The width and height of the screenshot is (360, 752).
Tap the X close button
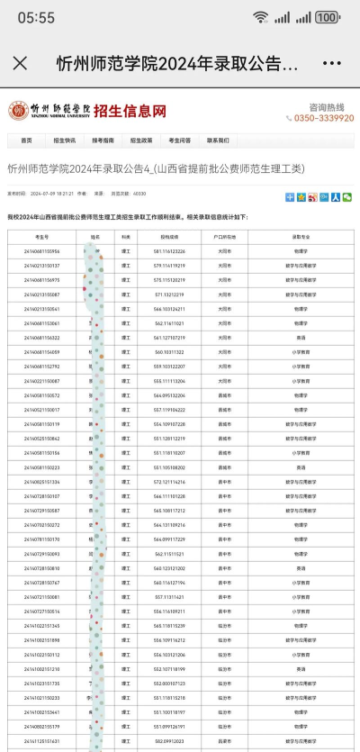pos(20,64)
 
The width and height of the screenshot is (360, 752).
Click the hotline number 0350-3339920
pos(323,118)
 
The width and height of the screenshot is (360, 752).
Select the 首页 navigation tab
pos(26,140)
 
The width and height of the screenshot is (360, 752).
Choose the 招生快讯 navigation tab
pos(64,140)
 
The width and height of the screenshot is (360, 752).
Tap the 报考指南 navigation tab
pos(103,140)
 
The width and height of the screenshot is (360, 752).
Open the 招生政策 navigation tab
pos(141,140)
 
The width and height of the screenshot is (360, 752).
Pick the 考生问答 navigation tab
pos(179,140)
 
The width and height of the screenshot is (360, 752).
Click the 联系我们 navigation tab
pos(218,140)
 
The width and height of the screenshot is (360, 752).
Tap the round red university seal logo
pos(18,111)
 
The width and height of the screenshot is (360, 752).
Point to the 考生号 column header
pos(42,237)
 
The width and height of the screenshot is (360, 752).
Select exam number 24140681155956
pos(42,251)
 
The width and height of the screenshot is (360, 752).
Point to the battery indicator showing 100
pos(328,17)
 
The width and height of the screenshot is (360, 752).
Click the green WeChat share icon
pos(347,196)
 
